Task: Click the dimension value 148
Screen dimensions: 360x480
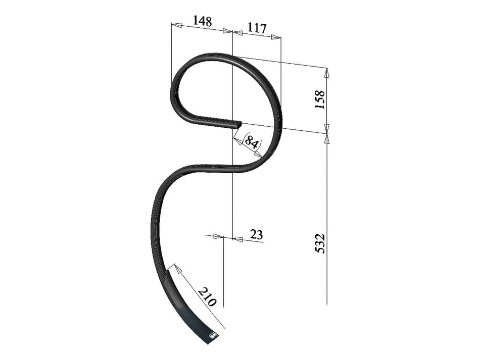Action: (x=202, y=21)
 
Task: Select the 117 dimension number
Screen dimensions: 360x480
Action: (x=257, y=28)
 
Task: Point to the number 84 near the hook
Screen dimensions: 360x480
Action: (x=252, y=141)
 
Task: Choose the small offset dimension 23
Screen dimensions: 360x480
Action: (x=257, y=234)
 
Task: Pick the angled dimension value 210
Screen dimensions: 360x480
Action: (x=207, y=297)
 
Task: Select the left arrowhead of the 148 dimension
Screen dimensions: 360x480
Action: (x=176, y=24)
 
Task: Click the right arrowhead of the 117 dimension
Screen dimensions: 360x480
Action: (x=276, y=37)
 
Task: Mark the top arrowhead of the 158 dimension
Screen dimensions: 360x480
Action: (x=327, y=73)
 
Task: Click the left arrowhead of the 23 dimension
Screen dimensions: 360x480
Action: (x=218, y=236)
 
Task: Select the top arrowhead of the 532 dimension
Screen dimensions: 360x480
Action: (x=327, y=138)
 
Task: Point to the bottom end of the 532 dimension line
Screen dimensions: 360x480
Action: (x=327, y=304)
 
